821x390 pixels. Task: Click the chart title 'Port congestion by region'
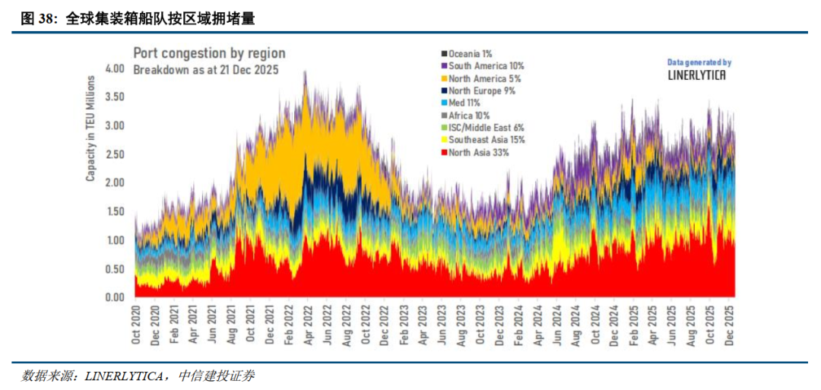click(x=209, y=53)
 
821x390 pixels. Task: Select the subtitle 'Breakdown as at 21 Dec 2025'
click(x=206, y=69)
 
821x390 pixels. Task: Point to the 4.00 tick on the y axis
click(x=113, y=68)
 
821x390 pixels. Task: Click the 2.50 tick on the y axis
click(x=113, y=154)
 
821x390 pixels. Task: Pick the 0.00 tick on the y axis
click(x=113, y=297)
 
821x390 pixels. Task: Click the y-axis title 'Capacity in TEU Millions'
click(x=90, y=128)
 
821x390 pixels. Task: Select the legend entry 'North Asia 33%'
click(x=478, y=152)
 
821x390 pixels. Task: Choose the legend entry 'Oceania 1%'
click(x=470, y=53)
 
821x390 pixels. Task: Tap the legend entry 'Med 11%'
click(x=466, y=103)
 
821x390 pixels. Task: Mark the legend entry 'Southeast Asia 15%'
click(x=487, y=140)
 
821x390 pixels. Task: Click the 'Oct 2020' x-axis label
click(x=137, y=325)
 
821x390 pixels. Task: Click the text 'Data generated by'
click(x=699, y=62)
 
